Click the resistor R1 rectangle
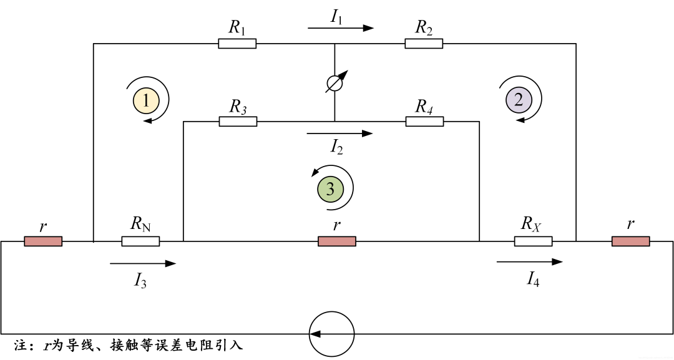[237, 44]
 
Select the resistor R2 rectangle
[424, 44]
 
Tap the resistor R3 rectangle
[238, 122]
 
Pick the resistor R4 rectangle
[424, 122]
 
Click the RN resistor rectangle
[140, 241]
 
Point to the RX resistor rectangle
[533, 241]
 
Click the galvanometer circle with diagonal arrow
[335, 84]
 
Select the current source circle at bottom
[332, 334]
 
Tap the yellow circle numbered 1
[145, 100]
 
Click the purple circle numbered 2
[519, 99]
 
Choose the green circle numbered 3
[330, 188]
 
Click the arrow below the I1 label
[340, 28]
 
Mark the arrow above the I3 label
[143, 264]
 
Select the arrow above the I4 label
[530, 262]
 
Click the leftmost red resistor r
[43, 241]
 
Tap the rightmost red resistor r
[630, 241]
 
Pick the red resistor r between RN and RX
[337, 241]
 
